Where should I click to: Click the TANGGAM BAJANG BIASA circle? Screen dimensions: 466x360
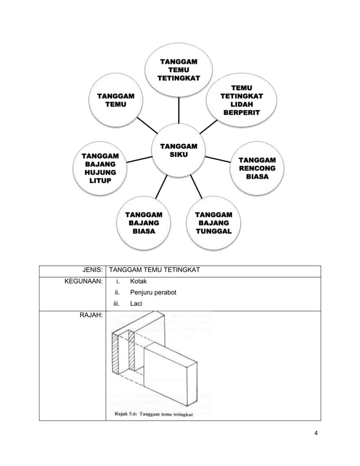pyautogui.click(x=143, y=222)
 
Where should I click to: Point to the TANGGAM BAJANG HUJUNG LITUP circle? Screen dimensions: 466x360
pyautogui.click(x=101, y=168)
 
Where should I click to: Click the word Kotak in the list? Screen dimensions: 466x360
pyautogui.click(x=139, y=281)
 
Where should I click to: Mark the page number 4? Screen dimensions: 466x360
pyautogui.click(x=315, y=433)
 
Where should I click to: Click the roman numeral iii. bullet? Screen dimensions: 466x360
pyautogui.click(x=117, y=305)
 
